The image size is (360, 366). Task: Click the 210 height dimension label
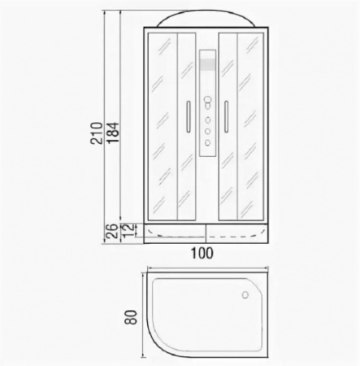tap(97, 133)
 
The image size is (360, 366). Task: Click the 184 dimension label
tap(113, 133)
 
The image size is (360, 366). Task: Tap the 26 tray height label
tap(111, 231)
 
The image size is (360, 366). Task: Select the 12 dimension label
tap(128, 231)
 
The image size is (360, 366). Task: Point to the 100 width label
tap(202, 254)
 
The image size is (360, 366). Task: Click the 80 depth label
tap(132, 317)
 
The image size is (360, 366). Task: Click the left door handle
tap(189, 116)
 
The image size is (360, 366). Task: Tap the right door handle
tap(226, 116)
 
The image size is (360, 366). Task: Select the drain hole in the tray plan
tap(245, 294)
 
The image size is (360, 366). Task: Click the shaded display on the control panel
tap(208, 64)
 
